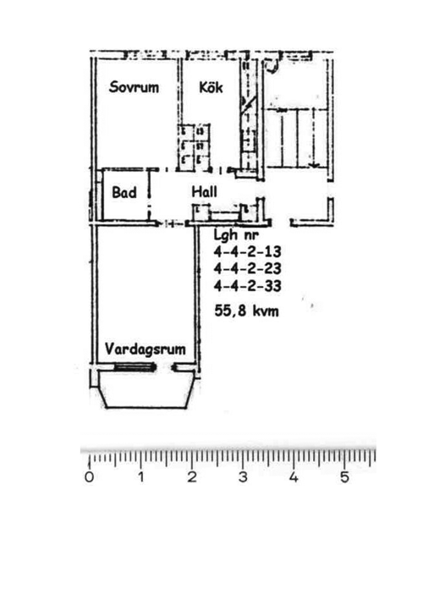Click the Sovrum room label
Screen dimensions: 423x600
134,87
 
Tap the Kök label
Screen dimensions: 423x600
211,87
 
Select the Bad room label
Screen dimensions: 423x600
124,192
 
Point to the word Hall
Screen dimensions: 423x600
204,191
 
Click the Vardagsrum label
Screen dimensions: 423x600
146,349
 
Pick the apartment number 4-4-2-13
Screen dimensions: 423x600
247,252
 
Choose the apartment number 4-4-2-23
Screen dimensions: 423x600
247,268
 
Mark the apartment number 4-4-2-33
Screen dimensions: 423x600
247,286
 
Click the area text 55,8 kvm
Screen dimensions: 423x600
247,311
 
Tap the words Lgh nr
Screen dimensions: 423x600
236,235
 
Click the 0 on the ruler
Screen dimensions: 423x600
89,477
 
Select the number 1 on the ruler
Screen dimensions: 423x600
141,477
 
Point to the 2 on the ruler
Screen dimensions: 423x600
192,477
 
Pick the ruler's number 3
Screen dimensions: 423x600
243,477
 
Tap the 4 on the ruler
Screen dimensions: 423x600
294,477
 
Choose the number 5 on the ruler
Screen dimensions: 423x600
345,477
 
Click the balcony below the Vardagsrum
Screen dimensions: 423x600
145,389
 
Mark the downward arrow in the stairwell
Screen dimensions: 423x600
314,139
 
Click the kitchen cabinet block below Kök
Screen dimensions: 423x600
194,148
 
